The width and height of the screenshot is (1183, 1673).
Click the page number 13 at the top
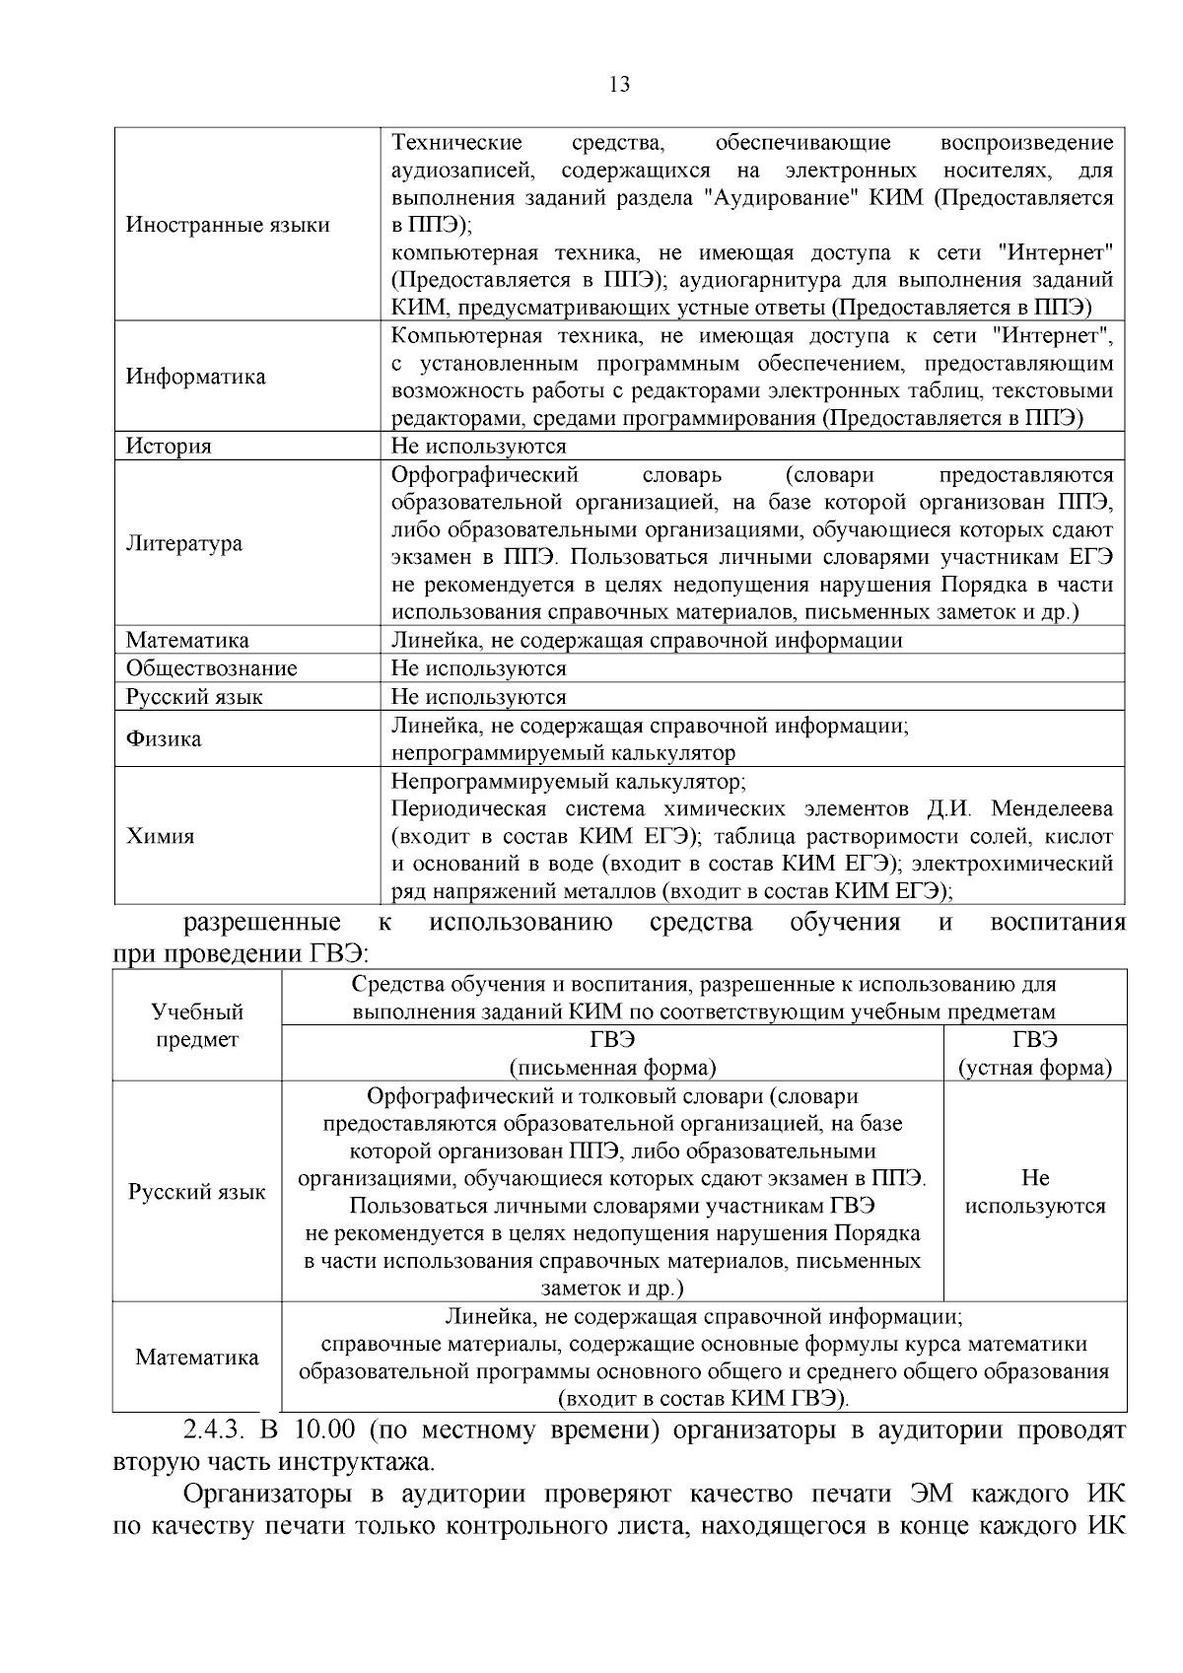(620, 85)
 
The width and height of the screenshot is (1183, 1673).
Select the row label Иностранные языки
(228, 225)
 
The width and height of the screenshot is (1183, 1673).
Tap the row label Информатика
(195, 377)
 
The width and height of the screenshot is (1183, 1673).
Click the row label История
(169, 447)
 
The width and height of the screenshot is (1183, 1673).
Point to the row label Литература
(184, 543)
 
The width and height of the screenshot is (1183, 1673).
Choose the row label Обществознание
(211, 668)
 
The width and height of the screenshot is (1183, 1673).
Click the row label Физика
(164, 739)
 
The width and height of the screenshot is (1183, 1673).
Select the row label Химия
(160, 836)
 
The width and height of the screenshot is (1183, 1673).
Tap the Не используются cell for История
(478, 447)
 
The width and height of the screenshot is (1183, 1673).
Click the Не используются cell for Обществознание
(478, 668)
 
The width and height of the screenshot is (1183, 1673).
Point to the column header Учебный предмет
(197, 1025)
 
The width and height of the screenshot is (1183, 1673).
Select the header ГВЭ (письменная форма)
(612, 1054)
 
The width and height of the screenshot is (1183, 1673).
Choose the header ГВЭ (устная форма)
(1035, 1054)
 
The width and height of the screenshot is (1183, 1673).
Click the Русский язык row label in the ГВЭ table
(197, 1192)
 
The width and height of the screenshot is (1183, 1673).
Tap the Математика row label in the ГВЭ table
(197, 1358)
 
